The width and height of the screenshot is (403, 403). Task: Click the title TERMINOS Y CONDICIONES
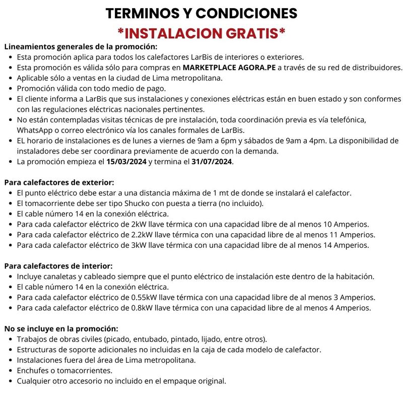pos(201,14)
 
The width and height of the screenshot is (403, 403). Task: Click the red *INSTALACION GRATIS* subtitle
pos(201,34)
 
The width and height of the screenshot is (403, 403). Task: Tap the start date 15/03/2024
pos(127,162)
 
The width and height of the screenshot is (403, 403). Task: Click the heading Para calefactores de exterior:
pos(59,182)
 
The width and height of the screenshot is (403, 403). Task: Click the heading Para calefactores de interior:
pos(58,266)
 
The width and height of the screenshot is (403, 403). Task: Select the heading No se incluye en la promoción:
pos(61,328)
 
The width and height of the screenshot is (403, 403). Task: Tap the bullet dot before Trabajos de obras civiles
pos(12,339)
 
